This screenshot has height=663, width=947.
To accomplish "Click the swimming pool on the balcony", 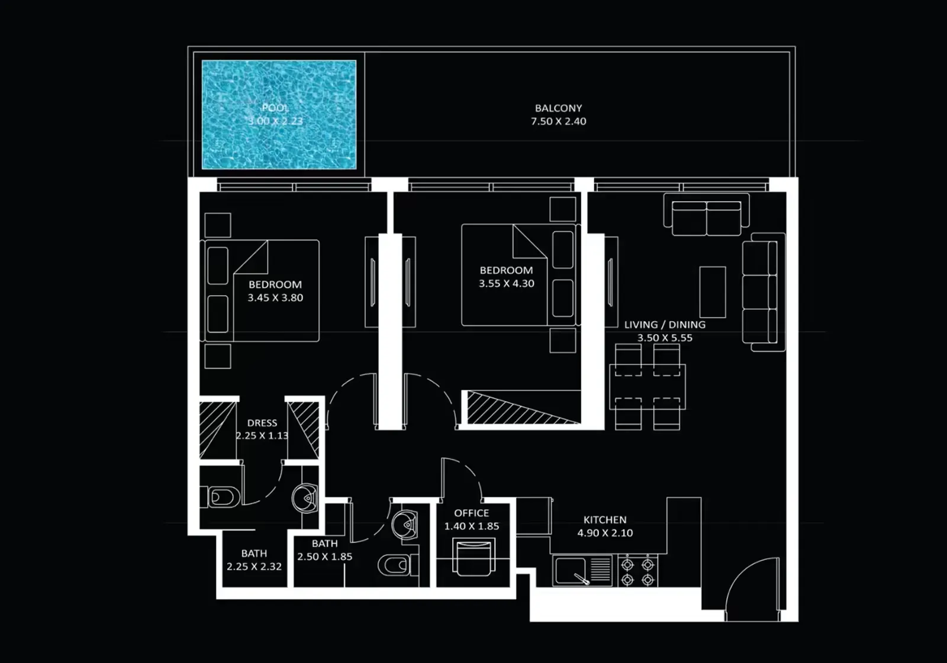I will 279,115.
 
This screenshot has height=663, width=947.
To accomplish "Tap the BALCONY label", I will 558,108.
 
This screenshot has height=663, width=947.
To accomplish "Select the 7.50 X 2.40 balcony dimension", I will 558,121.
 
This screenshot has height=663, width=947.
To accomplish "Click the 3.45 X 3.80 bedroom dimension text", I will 275,298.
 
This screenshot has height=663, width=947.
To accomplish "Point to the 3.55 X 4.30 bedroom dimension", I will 507,284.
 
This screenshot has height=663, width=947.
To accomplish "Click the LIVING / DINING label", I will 665,325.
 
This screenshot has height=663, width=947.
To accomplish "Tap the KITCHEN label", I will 605,520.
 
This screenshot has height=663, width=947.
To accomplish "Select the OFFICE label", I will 472,513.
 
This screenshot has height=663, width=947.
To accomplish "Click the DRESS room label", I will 262,423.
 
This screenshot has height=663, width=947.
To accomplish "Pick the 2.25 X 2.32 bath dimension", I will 254,567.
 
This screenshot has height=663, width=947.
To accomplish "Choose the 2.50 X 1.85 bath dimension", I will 325,557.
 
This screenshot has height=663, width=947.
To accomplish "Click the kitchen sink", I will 572,571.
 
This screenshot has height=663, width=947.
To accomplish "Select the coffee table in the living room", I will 713,292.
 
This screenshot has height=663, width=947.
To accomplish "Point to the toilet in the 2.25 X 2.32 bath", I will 223,497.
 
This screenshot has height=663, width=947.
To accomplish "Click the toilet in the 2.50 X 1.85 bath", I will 394,565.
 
